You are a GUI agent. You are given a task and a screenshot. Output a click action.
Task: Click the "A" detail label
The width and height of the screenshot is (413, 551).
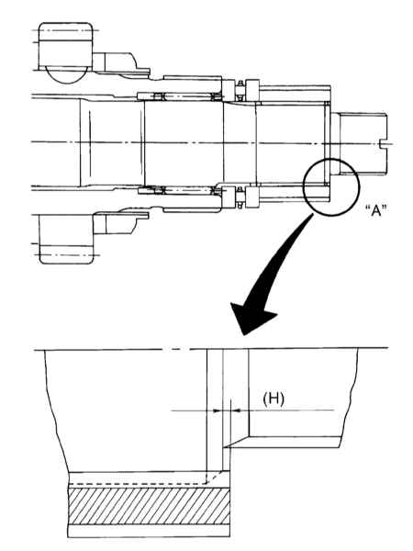coord(375,211)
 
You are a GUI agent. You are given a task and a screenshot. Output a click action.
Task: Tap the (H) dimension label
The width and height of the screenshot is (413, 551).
coord(273,399)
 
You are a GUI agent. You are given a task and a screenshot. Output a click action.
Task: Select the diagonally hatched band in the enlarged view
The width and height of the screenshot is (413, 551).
coord(149,506)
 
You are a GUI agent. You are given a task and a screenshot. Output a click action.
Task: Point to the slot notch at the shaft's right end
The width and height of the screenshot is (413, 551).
coord(386,143)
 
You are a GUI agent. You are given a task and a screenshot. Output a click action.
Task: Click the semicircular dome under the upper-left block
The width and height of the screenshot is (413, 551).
coord(68,75)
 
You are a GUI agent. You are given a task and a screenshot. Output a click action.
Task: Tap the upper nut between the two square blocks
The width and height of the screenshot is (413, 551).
coord(240,91)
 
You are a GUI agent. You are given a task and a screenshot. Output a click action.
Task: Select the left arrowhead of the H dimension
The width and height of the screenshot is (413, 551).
coord(218,410)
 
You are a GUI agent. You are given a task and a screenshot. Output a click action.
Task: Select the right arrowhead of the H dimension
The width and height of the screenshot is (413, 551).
coord(235,410)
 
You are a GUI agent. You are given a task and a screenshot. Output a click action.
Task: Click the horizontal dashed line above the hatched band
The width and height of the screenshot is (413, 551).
coord(138,484)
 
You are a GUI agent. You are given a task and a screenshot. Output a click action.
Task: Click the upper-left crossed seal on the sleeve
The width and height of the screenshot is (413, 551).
coord(159,96)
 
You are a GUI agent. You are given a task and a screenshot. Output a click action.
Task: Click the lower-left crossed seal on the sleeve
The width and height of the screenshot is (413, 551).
coord(159,190)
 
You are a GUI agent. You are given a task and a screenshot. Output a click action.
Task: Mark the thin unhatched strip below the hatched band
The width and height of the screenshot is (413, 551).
coord(149,531)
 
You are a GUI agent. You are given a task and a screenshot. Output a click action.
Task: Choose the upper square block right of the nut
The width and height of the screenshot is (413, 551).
coord(252,91)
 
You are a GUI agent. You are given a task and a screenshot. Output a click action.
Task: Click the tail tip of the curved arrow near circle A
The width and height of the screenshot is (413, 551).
coord(312,215)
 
